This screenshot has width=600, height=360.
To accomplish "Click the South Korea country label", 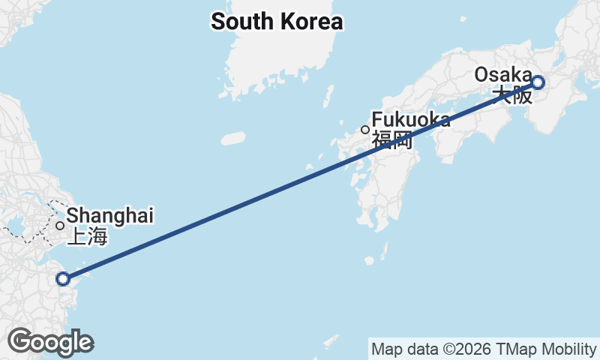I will pyautogui.click(x=276, y=22).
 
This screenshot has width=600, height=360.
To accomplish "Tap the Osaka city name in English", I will pyautogui.click(x=503, y=75).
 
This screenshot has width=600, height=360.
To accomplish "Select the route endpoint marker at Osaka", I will pyautogui.click(x=538, y=82).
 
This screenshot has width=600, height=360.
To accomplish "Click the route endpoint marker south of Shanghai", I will pyautogui.click(x=63, y=279).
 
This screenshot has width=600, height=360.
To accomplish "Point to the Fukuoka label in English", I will pyautogui.click(x=411, y=120).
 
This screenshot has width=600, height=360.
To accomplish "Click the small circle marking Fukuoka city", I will pyautogui.click(x=365, y=130).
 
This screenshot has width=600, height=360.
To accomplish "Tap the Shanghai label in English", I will pyautogui.click(x=110, y=216).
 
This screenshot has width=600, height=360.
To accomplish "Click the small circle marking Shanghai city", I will pyautogui.click(x=60, y=225).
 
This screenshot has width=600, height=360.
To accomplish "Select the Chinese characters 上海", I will pyautogui.click(x=88, y=238).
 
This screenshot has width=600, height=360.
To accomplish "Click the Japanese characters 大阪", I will pyautogui.click(x=513, y=94).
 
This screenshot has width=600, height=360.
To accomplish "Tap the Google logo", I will pyautogui.click(x=50, y=342).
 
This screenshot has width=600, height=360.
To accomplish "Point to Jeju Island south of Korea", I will pyautogui.click(x=233, y=138).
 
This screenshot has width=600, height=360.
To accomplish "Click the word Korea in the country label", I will pyautogui.click(x=309, y=22).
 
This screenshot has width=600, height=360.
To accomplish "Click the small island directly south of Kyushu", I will pyautogui.click(x=369, y=261).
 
